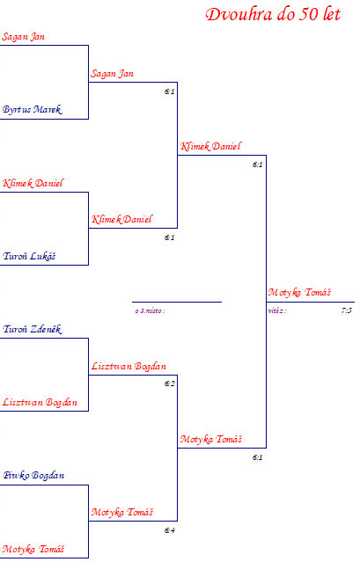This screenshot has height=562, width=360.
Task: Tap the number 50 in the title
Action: coord(308,14)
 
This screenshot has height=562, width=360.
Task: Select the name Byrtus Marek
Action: coord(32,109)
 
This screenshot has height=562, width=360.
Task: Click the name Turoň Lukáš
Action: coord(29,256)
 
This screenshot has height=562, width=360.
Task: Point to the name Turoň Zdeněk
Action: coord(33,329)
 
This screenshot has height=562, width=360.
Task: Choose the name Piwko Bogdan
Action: coord(33,475)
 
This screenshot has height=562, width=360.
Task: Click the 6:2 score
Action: coord(170,383)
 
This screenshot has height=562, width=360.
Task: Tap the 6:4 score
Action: coord(170,530)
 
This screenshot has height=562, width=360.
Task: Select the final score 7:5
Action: coord(347,310)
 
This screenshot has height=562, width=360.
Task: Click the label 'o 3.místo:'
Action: coord(150,310)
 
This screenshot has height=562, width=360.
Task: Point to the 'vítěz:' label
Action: coord(276,310)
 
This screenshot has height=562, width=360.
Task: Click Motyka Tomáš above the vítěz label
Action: coord(299,293)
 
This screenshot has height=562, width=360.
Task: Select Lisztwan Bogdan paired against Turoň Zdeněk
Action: coord(40,402)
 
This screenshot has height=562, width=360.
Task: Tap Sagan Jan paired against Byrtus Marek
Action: coord(23,37)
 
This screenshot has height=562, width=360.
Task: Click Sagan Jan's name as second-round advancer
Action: coord(113,74)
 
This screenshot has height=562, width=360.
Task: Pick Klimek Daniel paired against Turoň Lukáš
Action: coord(33,183)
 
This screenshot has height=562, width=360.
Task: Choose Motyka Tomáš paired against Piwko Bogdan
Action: coord(33,549)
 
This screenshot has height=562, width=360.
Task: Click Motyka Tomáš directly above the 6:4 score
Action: coord(122,512)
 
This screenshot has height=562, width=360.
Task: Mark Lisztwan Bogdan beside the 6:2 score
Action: coord(129,366)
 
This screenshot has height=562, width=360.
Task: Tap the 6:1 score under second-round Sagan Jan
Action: coord(170,91)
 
